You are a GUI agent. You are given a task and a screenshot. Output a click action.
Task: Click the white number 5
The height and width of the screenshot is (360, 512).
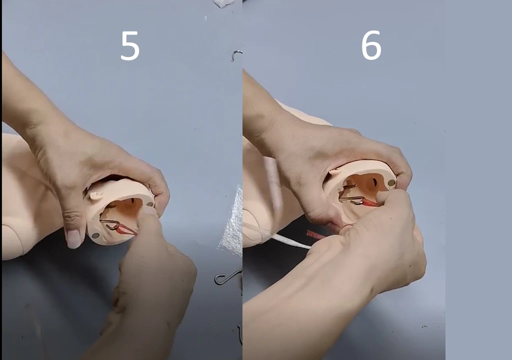(130, 45)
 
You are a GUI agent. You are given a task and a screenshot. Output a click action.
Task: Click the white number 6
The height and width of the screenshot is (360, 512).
(371, 45)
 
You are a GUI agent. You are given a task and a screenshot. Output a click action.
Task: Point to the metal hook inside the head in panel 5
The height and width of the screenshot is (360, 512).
(110, 223)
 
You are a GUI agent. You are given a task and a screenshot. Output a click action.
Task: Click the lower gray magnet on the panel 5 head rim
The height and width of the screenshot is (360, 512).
(95, 235)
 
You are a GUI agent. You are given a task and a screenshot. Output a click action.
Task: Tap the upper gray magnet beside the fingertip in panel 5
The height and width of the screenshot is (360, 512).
(150, 204)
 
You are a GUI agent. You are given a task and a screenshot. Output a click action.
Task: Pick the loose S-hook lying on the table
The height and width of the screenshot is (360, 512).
(228, 277)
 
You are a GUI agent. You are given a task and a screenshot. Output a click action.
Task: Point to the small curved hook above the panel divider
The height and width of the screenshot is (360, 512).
(236, 55)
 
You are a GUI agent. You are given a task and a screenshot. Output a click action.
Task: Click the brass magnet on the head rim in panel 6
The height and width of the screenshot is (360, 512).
(391, 183)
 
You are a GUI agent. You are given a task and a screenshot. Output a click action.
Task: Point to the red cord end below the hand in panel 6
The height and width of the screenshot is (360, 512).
(315, 234)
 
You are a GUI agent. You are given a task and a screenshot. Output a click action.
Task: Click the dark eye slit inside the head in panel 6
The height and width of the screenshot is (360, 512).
(373, 181)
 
